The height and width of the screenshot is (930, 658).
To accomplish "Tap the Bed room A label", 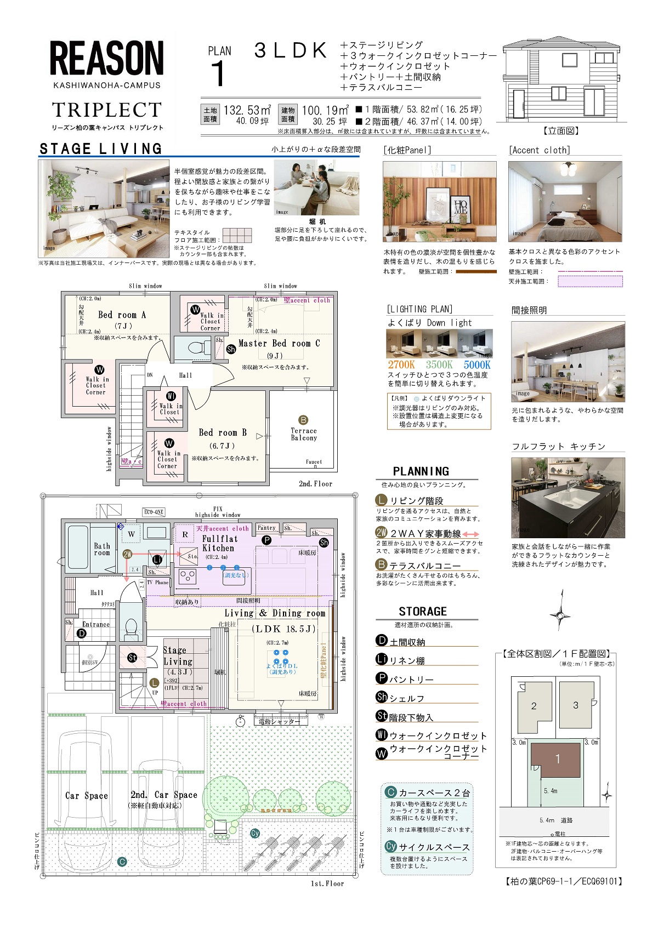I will coord(122,315).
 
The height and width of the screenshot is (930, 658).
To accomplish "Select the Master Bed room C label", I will coord(279,344).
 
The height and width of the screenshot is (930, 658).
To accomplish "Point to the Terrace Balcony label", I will coord(304,434).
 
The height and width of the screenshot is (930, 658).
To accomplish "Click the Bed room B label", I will coord(223,433).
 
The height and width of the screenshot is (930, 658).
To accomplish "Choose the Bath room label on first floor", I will coord(102,549).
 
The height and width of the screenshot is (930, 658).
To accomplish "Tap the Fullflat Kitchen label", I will coord(218,544).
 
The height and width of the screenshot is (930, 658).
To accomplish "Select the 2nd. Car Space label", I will coord(163,795).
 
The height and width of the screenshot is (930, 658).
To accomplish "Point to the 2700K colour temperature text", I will coord(401,365).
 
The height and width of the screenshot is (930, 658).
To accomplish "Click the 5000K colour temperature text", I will coord(477,365).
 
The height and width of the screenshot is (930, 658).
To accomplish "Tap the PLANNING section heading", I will coord(421,471).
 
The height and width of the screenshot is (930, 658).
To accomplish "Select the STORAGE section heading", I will coord(422,612).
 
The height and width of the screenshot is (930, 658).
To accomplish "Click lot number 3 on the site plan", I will coord(575,705).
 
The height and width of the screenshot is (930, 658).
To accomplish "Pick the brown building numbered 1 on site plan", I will coord(558,760).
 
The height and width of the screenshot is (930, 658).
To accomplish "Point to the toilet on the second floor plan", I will coord(194,347).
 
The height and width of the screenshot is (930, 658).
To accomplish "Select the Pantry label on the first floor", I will coord(266,528).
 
